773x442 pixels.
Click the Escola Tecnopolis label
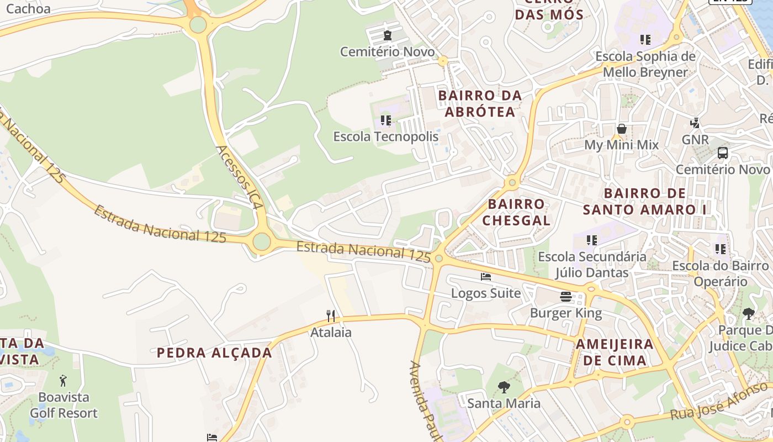[x=385, y=136]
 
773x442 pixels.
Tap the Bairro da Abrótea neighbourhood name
[x=480, y=103]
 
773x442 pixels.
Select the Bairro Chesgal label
[x=516, y=212]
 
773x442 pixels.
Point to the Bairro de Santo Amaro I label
[x=645, y=201]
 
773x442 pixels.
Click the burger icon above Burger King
[x=566, y=297]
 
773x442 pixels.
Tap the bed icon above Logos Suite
[x=486, y=276]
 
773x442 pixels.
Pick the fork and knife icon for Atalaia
[x=331, y=316]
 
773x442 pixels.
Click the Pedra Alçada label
[x=214, y=352]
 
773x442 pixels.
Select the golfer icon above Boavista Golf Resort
[x=63, y=381]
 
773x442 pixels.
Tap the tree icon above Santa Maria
[x=504, y=387]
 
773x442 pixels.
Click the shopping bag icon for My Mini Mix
[x=622, y=129]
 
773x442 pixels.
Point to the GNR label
[x=695, y=139]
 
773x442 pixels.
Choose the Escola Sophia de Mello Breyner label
[x=645, y=64]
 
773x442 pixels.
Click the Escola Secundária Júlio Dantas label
[x=592, y=264]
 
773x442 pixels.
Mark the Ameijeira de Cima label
[x=615, y=352]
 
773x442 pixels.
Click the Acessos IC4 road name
[x=238, y=177]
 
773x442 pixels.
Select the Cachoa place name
[x=28, y=8]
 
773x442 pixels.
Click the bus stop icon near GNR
[x=722, y=153]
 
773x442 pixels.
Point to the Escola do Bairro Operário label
[x=720, y=273]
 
